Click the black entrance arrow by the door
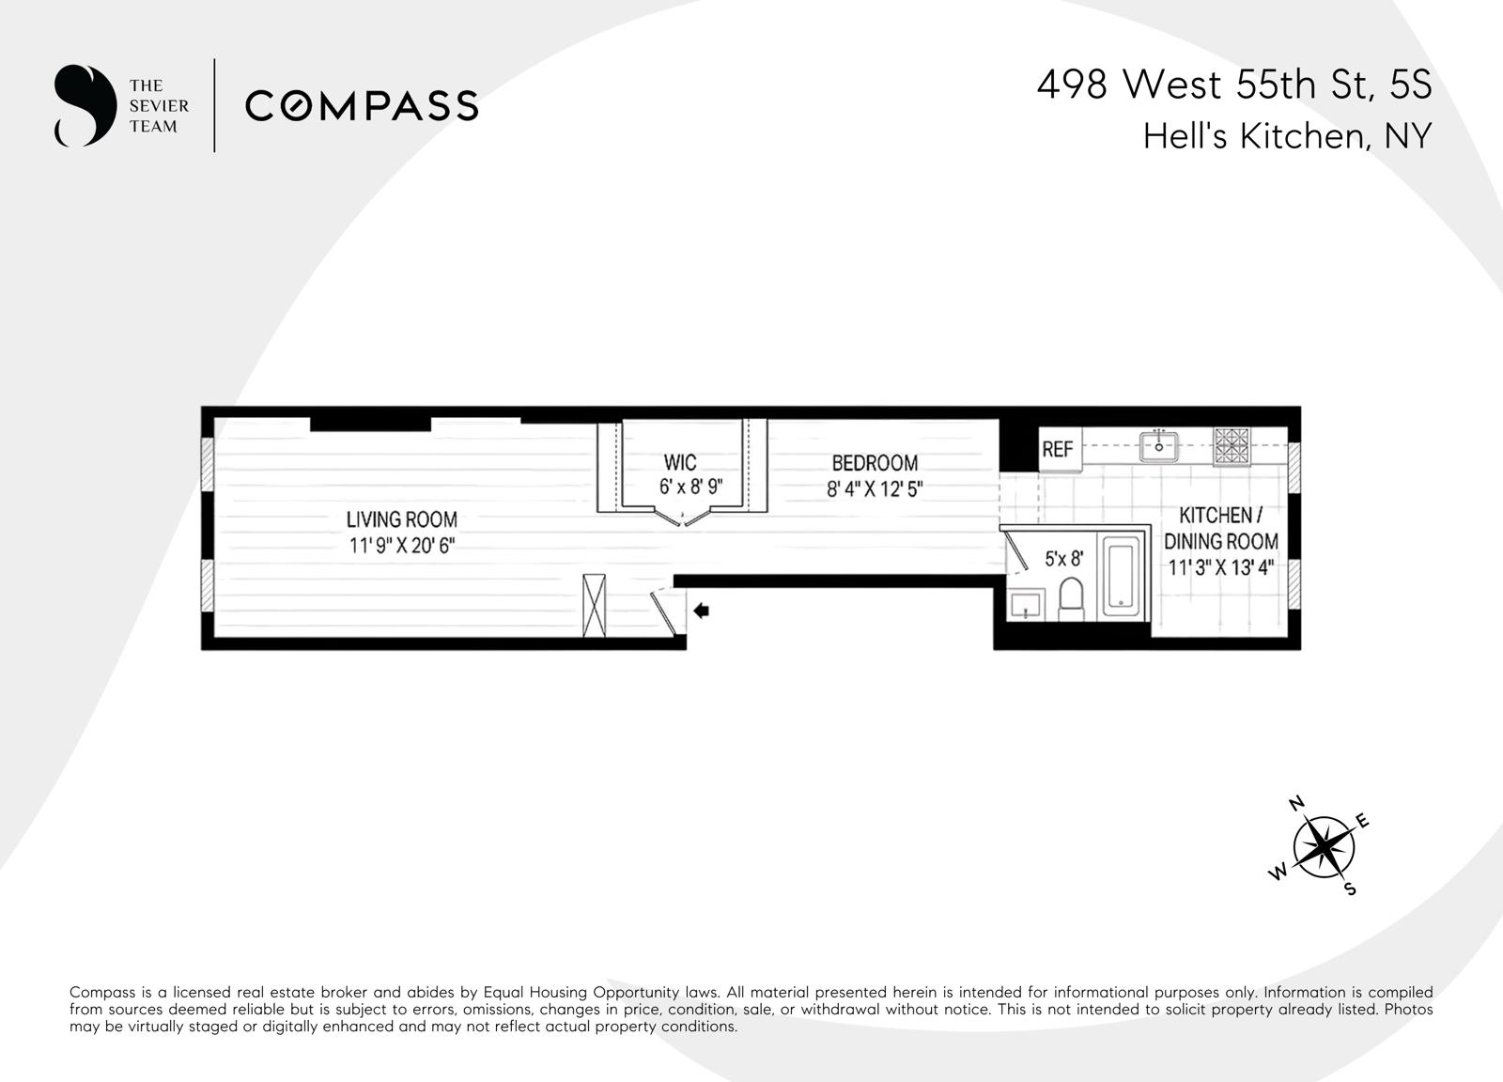point(701,611)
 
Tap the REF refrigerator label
point(1057,450)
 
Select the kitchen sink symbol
point(1159,446)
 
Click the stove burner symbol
point(1231,446)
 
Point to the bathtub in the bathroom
point(1120,576)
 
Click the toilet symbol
point(1071,598)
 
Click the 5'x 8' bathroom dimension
point(1063,559)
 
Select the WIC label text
point(680,462)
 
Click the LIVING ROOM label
point(401,519)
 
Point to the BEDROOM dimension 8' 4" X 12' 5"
point(874,489)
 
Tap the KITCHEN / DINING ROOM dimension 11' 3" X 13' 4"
point(1220,567)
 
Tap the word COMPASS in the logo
point(362,105)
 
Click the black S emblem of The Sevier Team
point(84,105)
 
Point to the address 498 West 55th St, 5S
point(1233,85)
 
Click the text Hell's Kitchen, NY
point(1286,137)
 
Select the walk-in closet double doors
point(683,515)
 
